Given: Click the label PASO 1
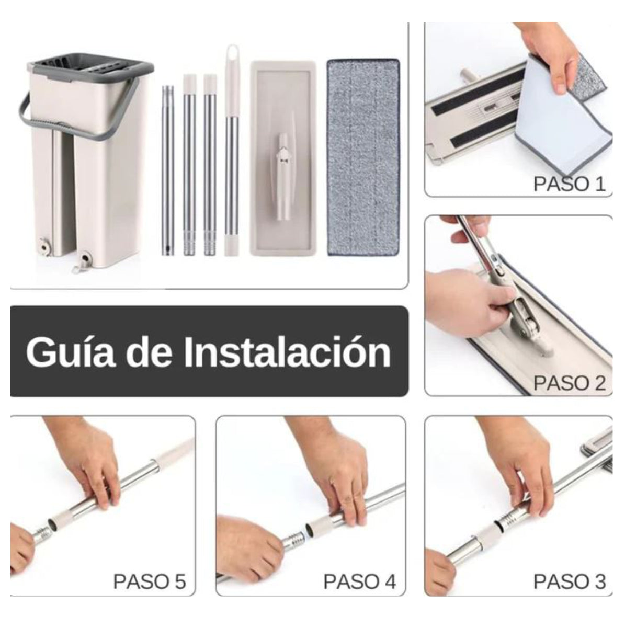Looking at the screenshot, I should (x=569, y=184).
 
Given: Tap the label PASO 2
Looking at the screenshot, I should (x=569, y=383).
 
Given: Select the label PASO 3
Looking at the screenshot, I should (x=569, y=581).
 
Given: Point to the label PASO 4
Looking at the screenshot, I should (x=360, y=581).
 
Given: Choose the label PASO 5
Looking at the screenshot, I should (x=150, y=581).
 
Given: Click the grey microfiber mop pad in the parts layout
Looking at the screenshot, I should (x=363, y=157).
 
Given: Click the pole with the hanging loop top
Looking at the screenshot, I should (x=231, y=152).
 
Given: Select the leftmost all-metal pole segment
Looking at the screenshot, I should (x=167, y=170).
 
